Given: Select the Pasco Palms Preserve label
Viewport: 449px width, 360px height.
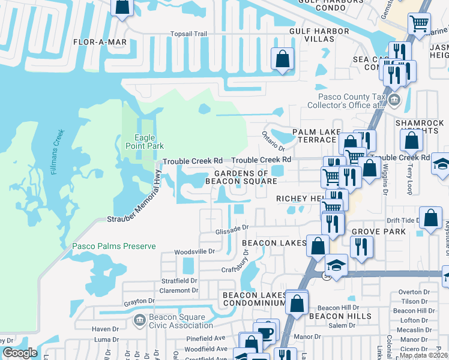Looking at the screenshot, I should tap(114, 246).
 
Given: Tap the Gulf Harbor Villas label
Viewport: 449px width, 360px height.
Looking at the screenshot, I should tap(319, 35).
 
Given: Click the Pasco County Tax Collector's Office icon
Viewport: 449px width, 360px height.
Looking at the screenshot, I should tap(394, 100).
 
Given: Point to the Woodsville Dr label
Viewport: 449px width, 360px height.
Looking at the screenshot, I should tap(194, 252).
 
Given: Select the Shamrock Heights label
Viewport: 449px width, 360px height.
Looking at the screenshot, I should tap(420, 127).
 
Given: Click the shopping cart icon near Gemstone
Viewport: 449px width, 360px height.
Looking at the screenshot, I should tap(419, 24).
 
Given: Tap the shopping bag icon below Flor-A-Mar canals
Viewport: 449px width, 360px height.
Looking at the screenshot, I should tap(282, 59).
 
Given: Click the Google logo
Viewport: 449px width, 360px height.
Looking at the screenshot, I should tap(20, 353).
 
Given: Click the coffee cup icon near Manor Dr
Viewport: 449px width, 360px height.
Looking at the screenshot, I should tap(264, 332).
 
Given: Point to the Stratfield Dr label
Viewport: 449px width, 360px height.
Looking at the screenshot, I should tap(178, 280).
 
